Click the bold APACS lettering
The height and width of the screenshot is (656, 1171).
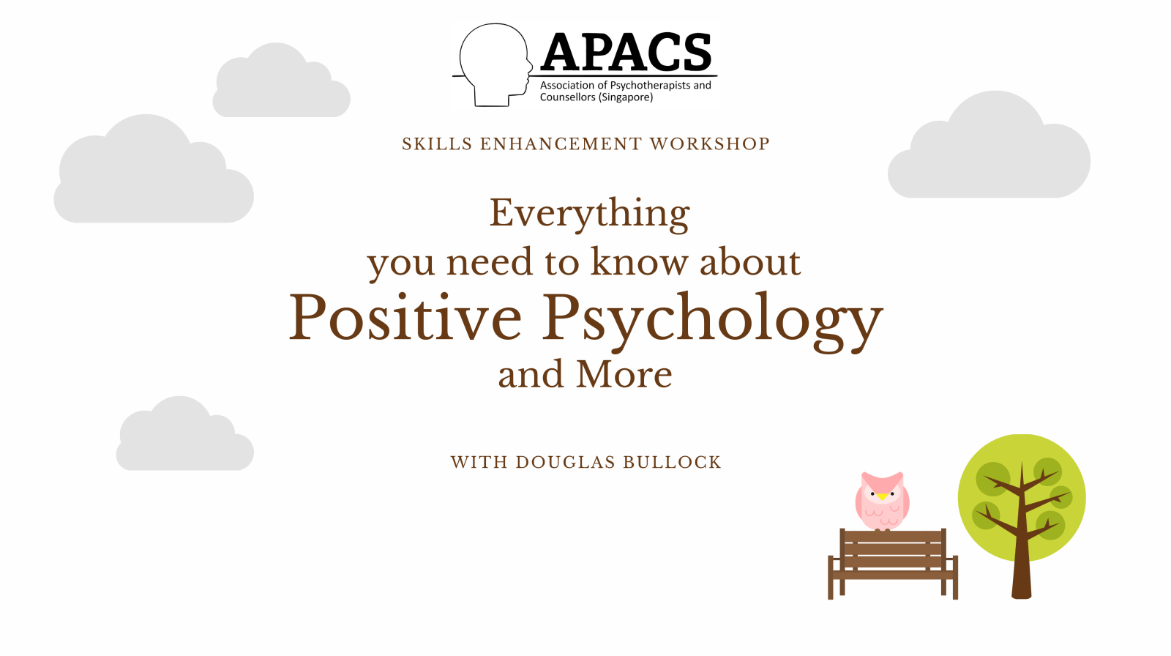[x=626, y=52]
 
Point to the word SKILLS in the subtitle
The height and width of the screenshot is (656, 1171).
[x=437, y=143]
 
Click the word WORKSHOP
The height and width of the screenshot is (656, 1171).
[x=709, y=143]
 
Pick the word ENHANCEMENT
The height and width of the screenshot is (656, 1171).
[x=561, y=143]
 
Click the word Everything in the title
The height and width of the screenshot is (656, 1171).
[x=589, y=214]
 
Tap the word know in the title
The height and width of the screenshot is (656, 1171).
[x=640, y=261]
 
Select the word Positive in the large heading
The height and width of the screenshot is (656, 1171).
[x=405, y=317]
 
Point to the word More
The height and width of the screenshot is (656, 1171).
[x=624, y=374]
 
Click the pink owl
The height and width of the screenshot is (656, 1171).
[x=882, y=502]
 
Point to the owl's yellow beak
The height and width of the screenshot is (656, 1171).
[x=882, y=496]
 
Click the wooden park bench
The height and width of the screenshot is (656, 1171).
[x=892, y=564]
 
